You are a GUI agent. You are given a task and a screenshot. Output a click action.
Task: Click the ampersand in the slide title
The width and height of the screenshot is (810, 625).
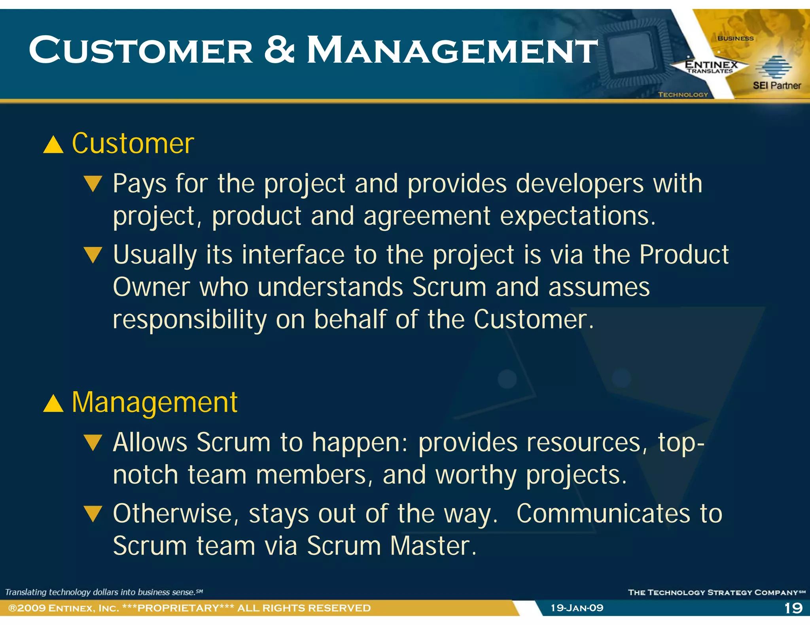pos(279,50)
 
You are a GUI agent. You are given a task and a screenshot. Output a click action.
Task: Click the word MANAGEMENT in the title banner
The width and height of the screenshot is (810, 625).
pos(452,50)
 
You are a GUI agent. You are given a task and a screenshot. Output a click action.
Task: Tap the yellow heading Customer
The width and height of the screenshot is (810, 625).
pos(133,143)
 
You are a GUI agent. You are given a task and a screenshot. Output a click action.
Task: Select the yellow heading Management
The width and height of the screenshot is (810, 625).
pos(155,403)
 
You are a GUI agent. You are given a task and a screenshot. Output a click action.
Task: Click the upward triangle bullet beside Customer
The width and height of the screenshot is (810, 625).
pos(53,145)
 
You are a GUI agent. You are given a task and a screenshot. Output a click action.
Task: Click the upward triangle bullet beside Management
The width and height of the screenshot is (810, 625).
pos(53,404)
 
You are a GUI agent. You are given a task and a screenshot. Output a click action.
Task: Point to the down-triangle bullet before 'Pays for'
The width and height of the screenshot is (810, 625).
pos(93,184)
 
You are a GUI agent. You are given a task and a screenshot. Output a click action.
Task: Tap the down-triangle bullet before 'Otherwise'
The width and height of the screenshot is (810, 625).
pos(93,514)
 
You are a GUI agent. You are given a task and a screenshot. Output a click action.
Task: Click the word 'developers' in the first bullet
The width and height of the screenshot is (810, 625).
pos(580,184)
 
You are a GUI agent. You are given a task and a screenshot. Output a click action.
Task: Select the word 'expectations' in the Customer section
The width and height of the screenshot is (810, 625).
pos(577,216)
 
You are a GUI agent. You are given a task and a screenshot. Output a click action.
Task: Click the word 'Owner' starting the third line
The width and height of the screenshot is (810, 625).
pos(151,287)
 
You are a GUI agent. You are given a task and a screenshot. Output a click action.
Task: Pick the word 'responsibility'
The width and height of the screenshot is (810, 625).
pos(189,319)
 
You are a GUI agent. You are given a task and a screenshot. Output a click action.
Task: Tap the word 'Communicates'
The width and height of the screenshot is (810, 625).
pos(603,514)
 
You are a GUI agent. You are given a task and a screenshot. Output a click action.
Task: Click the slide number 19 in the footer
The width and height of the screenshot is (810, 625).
pos(793,608)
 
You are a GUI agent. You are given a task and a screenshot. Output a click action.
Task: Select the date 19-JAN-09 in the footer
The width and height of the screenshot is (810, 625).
pos(577,608)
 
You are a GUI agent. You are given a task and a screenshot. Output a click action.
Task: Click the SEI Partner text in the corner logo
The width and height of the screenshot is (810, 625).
pos(776,85)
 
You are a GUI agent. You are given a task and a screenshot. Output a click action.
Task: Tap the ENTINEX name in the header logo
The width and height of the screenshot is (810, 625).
pos(711,64)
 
